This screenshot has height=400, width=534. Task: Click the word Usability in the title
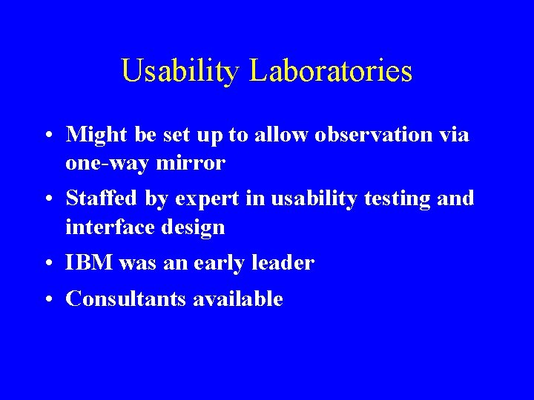pyautogui.click(x=181, y=72)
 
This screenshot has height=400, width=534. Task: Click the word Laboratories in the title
pyautogui.click(x=331, y=71)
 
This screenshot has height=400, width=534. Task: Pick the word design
pyautogui.click(x=195, y=227)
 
